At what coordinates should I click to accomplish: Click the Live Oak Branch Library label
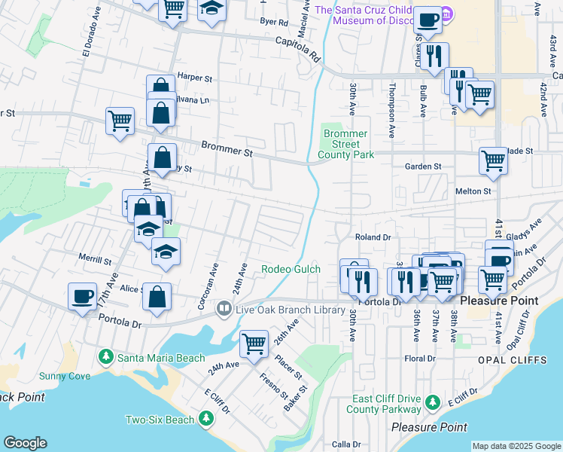[x=290, y=309]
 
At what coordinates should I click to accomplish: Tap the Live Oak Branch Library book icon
[x=224, y=309]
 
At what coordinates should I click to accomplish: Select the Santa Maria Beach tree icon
[x=106, y=356]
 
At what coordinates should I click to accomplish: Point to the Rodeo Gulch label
[x=291, y=269]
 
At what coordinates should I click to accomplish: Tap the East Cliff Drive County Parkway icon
[x=432, y=404]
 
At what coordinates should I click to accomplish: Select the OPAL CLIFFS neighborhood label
[x=512, y=360]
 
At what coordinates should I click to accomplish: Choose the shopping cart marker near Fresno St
[x=254, y=344]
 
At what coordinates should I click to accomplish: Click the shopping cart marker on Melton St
[x=493, y=160]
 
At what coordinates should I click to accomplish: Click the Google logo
[x=26, y=443]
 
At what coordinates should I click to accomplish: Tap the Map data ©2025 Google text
[x=516, y=446]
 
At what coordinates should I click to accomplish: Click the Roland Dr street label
[x=373, y=237]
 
